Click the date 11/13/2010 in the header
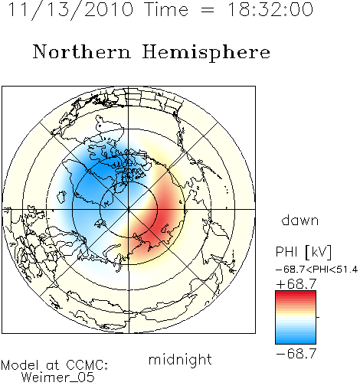click(x=70, y=9)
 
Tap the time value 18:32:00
click(x=270, y=9)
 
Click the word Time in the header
click(x=166, y=9)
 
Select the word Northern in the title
click(x=82, y=51)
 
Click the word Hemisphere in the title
click(x=206, y=52)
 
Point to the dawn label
click(x=300, y=220)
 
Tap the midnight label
click(x=180, y=360)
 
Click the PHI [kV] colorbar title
click(x=303, y=252)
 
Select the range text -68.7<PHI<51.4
click(x=316, y=270)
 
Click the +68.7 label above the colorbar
click(x=296, y=284)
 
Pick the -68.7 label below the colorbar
click(x=296, y=354)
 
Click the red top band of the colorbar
click(x=296, y=293)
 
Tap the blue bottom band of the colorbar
click(x=296, y=342)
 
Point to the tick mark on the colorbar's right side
click(x=318, y=317)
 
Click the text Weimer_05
click(x=58, y=377)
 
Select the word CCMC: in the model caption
click(x=87, y=365)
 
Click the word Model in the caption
click(x=20, y=365)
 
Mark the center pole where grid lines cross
click(x=129, y=210)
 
